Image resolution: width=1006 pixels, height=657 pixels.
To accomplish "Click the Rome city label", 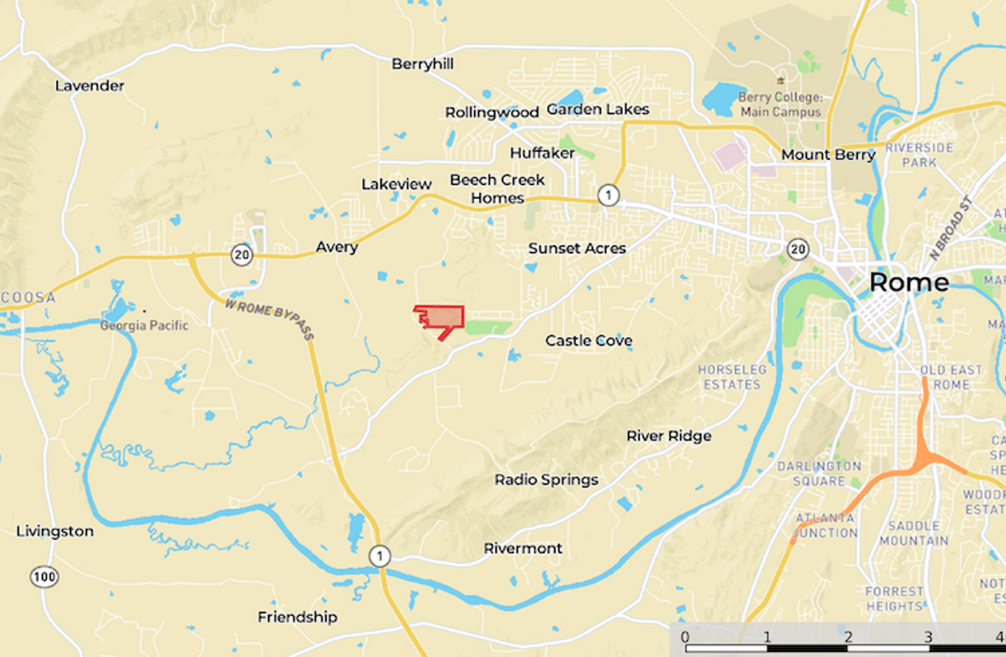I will [x=909, y=283].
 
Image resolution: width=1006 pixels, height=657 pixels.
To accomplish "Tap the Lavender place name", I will [x=89, y=86].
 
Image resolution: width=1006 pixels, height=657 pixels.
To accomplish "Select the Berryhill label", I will [x=422, y=64].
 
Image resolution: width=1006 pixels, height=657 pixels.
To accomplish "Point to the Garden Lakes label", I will [x=597, y=109].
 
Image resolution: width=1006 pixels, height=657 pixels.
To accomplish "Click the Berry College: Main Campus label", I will [x=780, y=105].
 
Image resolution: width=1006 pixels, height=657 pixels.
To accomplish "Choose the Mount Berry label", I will [x=828, y=155].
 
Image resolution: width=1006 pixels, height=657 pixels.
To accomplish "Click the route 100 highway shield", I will [x=44, y=576].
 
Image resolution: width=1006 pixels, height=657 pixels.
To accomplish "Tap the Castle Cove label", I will [x=589, y=340].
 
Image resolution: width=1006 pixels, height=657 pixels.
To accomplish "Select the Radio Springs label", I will [x=546, y=480].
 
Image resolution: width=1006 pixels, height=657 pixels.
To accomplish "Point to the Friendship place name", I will [x=298, y=617].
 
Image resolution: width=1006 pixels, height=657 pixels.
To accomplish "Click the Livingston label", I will [x=54, y=531].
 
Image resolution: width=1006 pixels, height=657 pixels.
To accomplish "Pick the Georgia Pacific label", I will [x=144, y=325].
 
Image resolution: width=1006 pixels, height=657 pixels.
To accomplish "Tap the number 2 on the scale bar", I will [x=848, y=637].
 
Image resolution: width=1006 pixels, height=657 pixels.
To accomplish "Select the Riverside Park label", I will [x=919, y=154].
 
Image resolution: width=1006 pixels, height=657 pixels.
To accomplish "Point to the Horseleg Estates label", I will [x=732, y=377].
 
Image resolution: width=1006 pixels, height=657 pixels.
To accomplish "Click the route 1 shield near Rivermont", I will [x=380, y=557].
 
